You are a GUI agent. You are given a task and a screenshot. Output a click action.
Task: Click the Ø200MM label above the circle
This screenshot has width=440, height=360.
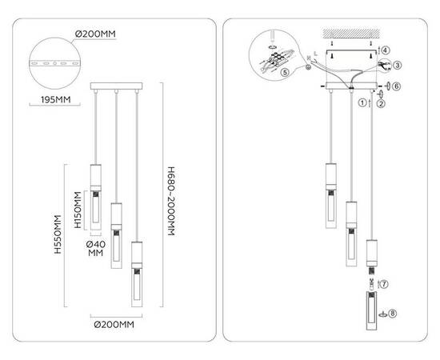click(95, 34)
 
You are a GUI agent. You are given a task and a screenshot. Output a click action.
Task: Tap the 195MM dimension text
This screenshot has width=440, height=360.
click(55, 100)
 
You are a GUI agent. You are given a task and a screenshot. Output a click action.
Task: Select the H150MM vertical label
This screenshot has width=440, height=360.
click(78, 210)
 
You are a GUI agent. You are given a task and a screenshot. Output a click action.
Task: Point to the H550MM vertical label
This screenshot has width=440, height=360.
click(58, 234)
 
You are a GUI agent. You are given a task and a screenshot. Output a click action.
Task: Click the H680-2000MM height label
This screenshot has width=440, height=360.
click(171, 201)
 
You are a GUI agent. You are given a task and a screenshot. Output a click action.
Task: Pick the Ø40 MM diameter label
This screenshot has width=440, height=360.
click(96, 249)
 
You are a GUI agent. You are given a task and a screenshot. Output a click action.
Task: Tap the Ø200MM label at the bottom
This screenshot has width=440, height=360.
click(114, 325)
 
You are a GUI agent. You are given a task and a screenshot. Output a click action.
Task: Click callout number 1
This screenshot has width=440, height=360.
click(362, 102)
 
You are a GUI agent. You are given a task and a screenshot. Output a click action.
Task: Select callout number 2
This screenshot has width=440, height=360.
click(381, 104)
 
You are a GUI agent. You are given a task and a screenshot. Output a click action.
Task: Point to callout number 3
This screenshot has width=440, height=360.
click(398, 66)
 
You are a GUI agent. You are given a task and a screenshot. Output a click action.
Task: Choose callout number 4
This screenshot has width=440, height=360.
click(386, 50)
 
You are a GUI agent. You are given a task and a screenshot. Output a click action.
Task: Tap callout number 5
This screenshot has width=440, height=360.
click(285, 72)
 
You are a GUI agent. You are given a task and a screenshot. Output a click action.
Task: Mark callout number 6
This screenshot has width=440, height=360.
click(396, 86)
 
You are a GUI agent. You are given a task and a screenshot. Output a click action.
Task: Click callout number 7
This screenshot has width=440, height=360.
click(384, 284)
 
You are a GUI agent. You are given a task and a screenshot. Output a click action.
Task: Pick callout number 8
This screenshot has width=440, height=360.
click(392, 314)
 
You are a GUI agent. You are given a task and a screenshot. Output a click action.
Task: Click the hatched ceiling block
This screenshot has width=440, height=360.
click(351, 33)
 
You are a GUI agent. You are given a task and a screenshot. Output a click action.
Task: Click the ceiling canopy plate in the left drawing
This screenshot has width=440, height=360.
click(116, 86)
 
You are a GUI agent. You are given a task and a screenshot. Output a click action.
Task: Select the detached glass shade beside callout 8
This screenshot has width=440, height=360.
click(371, 311)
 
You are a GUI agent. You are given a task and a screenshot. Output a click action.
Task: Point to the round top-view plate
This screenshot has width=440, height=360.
click(55, 63)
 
